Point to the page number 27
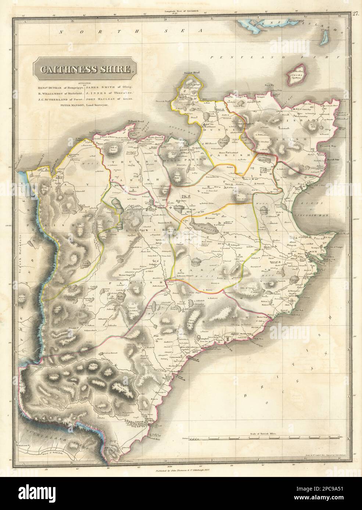click(355, 15)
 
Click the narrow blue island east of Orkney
click(325, 36)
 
